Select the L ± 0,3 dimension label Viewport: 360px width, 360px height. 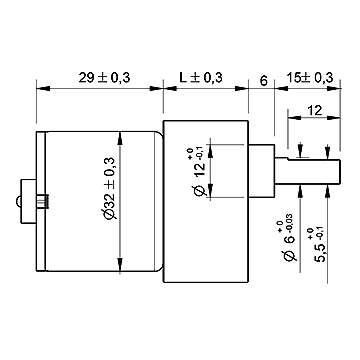point(198,77)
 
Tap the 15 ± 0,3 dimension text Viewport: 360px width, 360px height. point(309,77)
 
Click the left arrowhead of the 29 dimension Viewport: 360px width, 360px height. point(41,89)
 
